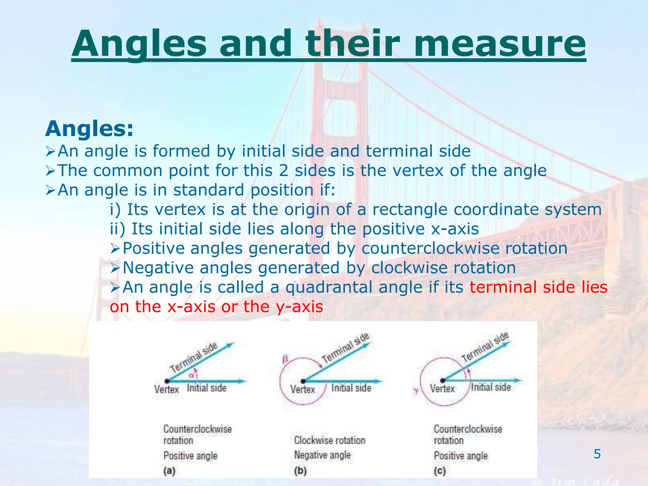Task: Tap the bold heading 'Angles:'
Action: pos(90,129)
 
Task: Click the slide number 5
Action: pos(597,454)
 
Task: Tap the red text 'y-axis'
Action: pos(299,307)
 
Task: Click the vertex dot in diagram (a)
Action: pos(167,381)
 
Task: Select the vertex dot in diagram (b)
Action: pos(303,381)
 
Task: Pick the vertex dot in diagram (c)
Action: pos(443,380)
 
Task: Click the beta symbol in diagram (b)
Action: pos(285,359)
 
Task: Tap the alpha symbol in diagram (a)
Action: pos(191,376)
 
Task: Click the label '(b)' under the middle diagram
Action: pos(300,471)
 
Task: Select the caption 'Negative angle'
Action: pos(322,455)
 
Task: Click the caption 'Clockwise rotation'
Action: pos(330,440)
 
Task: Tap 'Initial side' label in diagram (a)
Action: pos(206,388)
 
